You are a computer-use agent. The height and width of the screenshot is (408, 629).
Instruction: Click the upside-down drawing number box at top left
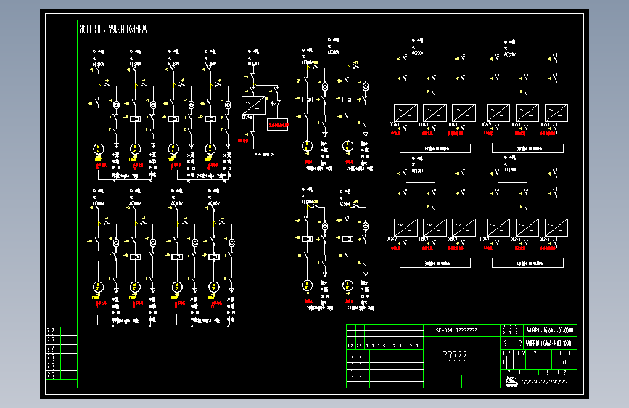pyautogui.click(x=113, y=30)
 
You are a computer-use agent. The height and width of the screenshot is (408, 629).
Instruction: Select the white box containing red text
pyautogui.click(x=278, y=125)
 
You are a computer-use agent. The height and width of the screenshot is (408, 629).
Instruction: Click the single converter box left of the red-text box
pyautogui.click(x=252, y=104)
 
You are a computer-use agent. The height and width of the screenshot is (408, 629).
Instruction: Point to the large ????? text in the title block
pyautogui.click(x=455, y=355)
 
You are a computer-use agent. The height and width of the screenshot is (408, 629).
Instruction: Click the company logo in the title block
pyautogui.click(x=511, y=382)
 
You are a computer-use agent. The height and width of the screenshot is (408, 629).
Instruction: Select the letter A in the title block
pyautogui.click(x=504, y=362)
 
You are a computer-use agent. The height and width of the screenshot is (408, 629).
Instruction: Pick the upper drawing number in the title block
pyautogui.click(x=549, y=329)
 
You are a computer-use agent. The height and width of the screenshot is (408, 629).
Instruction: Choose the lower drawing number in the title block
pyautogui.click(x=549, y=342)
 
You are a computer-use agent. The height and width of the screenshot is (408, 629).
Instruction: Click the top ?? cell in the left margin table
pyautogui.click(x=52, y=331)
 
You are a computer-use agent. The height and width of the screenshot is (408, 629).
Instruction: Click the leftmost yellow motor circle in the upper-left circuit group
pyautogui.click(x=99, y=149)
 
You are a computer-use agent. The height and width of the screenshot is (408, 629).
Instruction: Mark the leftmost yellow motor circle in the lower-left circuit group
pyautogui.click(x=99, y=287)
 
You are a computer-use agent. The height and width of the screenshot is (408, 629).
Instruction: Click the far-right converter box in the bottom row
pyautogui.click(x=556, y=227)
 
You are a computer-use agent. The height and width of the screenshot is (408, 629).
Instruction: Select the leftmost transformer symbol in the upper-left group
pyautogui.click(x=115, y=106)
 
